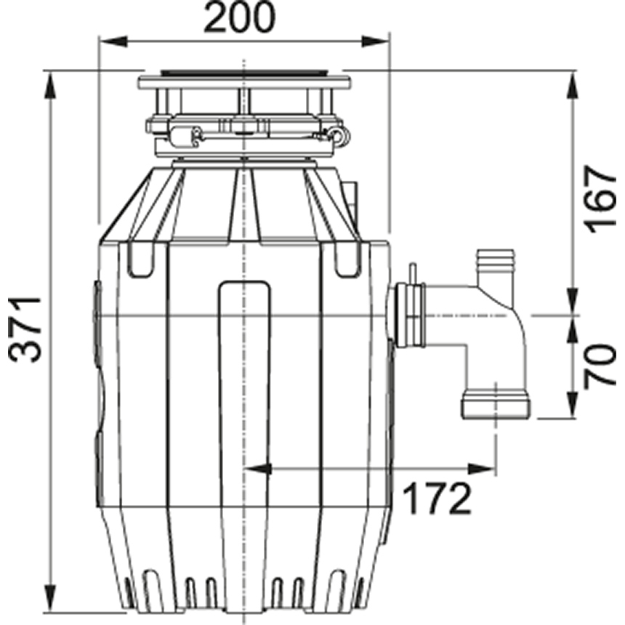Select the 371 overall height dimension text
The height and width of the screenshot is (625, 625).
click(25, 329)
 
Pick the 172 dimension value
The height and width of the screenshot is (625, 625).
click(437, 499)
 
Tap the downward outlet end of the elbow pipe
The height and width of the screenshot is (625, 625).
click(496, 406)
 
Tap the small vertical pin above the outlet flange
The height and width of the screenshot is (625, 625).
click(412, 273)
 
